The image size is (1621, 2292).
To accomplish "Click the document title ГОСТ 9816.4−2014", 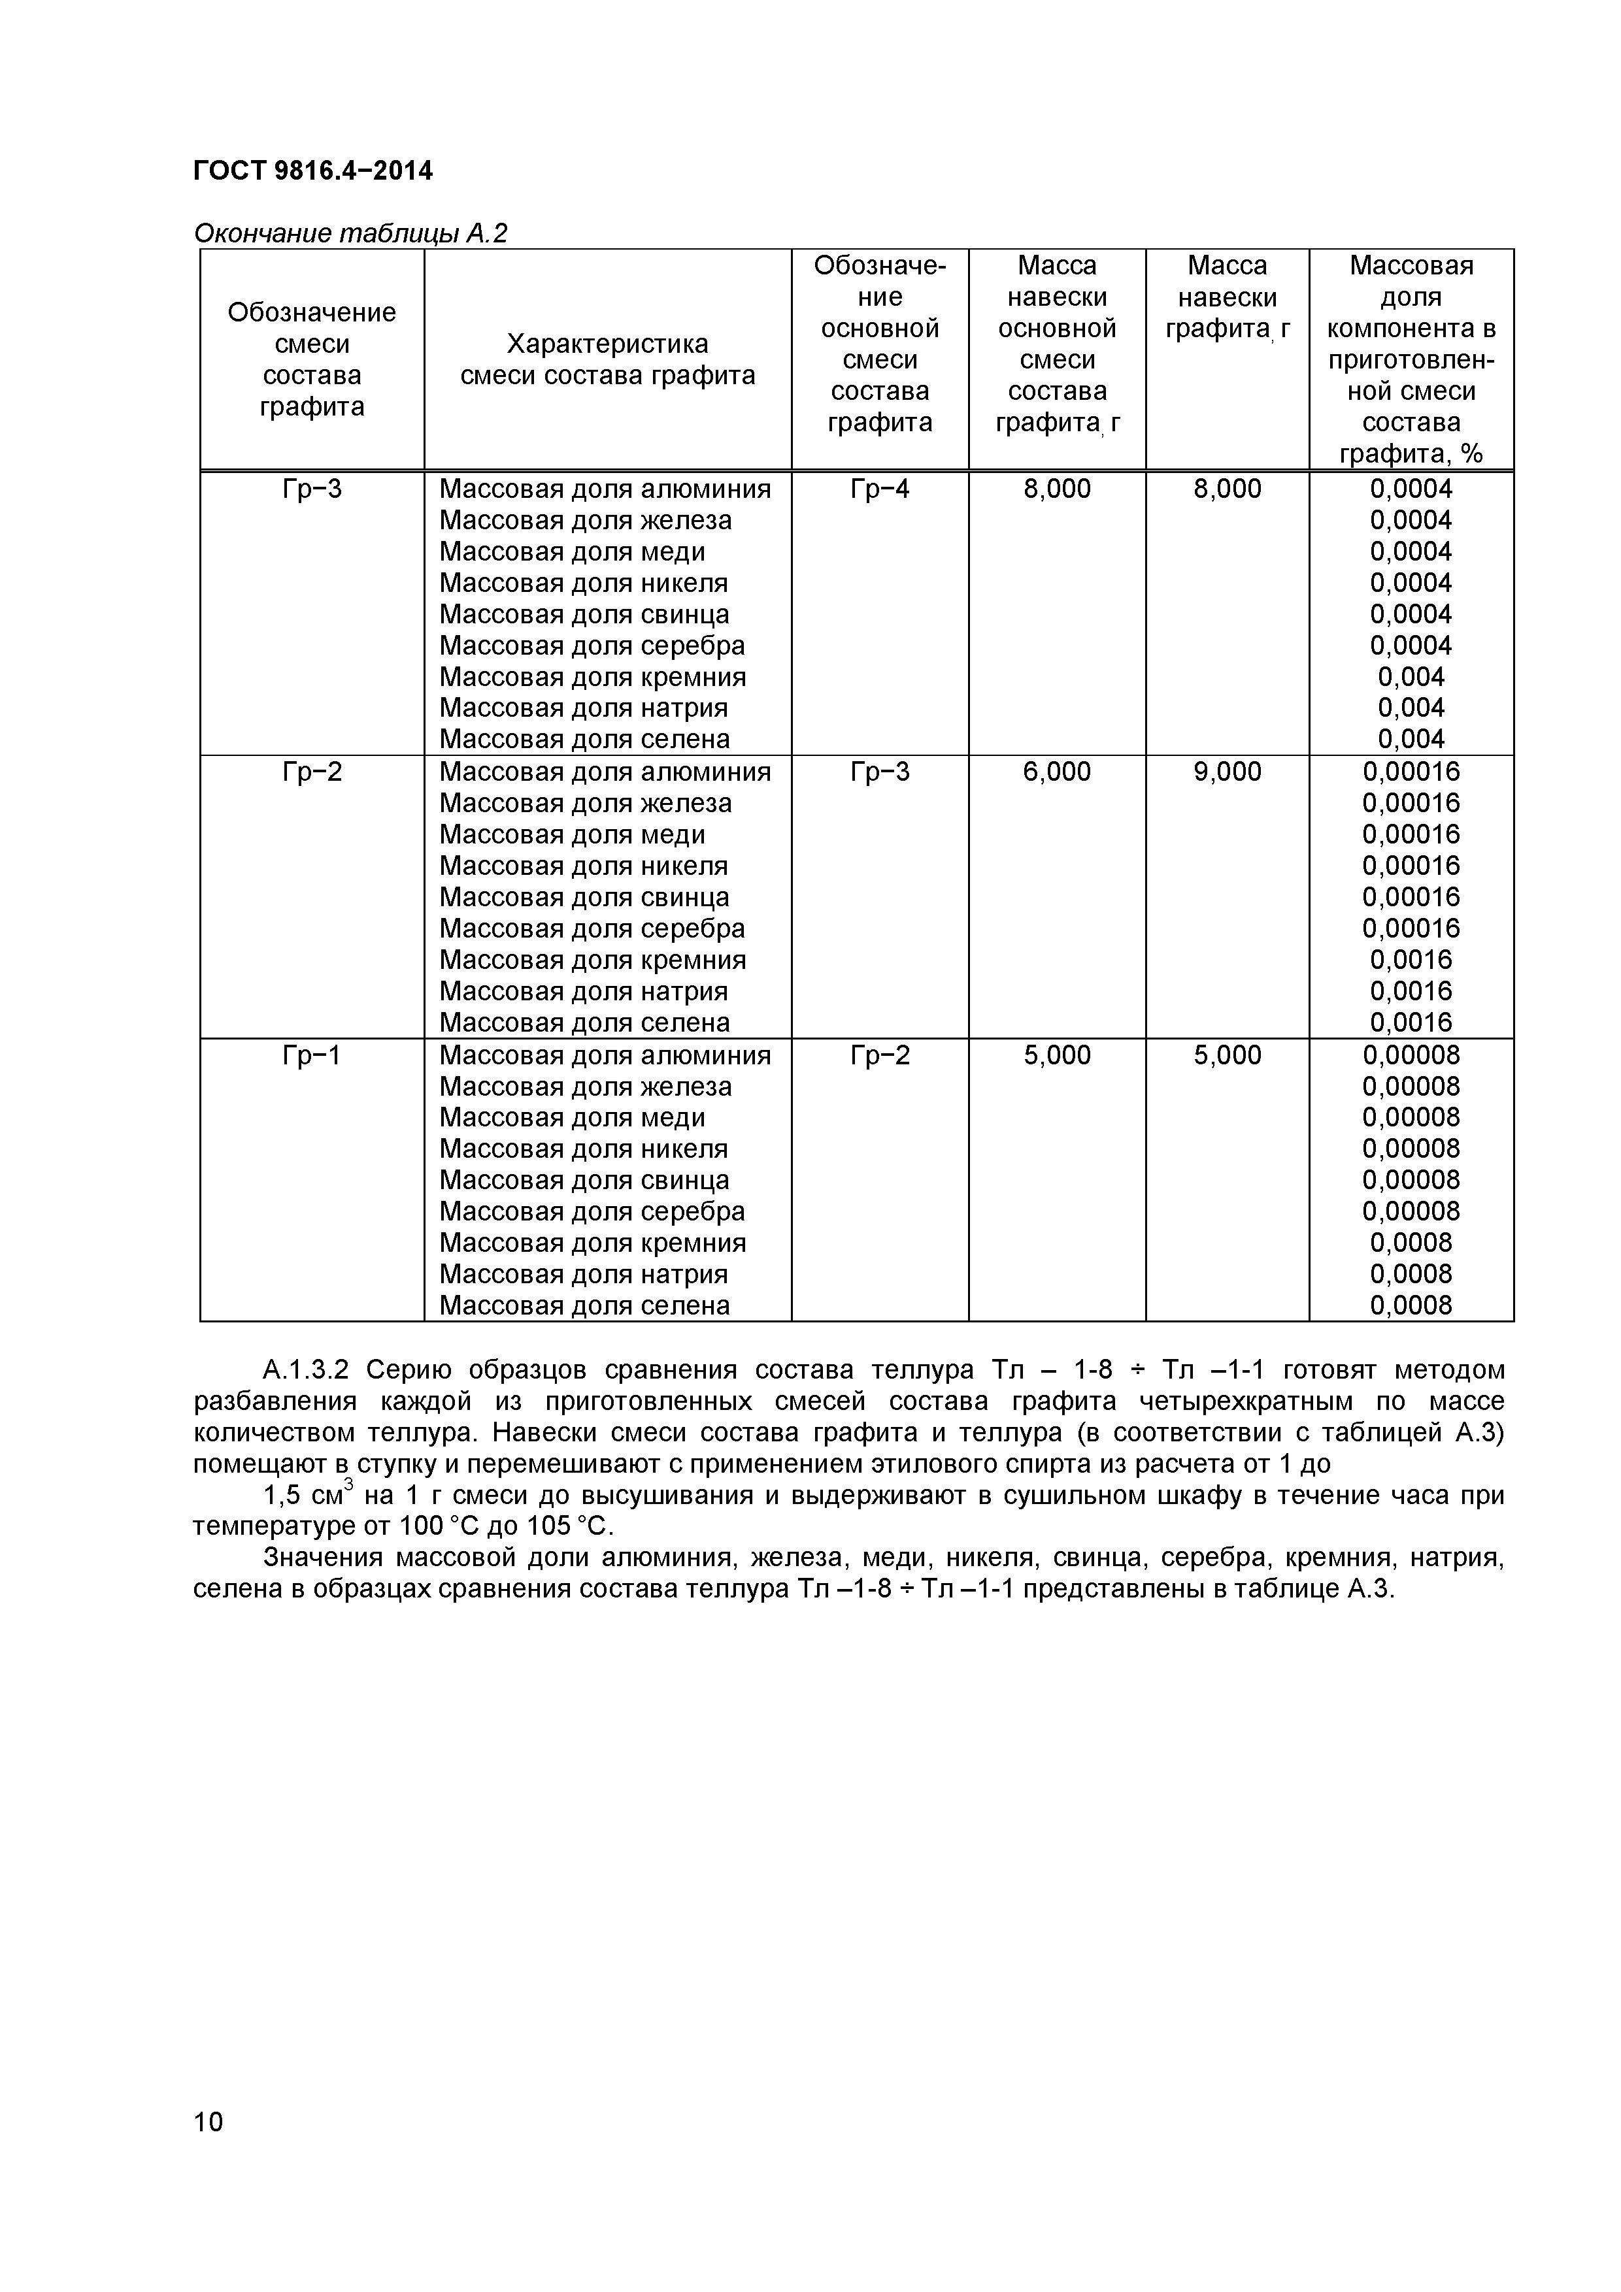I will [312, 171].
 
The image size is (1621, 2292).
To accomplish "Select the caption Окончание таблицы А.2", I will [350, 234].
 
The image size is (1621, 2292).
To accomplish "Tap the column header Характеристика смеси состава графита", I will [607, 359].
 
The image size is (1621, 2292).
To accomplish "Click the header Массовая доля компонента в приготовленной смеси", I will [1411, 359].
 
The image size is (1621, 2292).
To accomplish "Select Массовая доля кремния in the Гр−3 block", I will [592, 677].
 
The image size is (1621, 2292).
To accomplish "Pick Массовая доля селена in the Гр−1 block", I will [584, 1305].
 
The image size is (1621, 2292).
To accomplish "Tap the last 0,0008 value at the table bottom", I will [1411, 1305].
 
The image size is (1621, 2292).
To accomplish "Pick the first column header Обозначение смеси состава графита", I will [312, 359].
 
